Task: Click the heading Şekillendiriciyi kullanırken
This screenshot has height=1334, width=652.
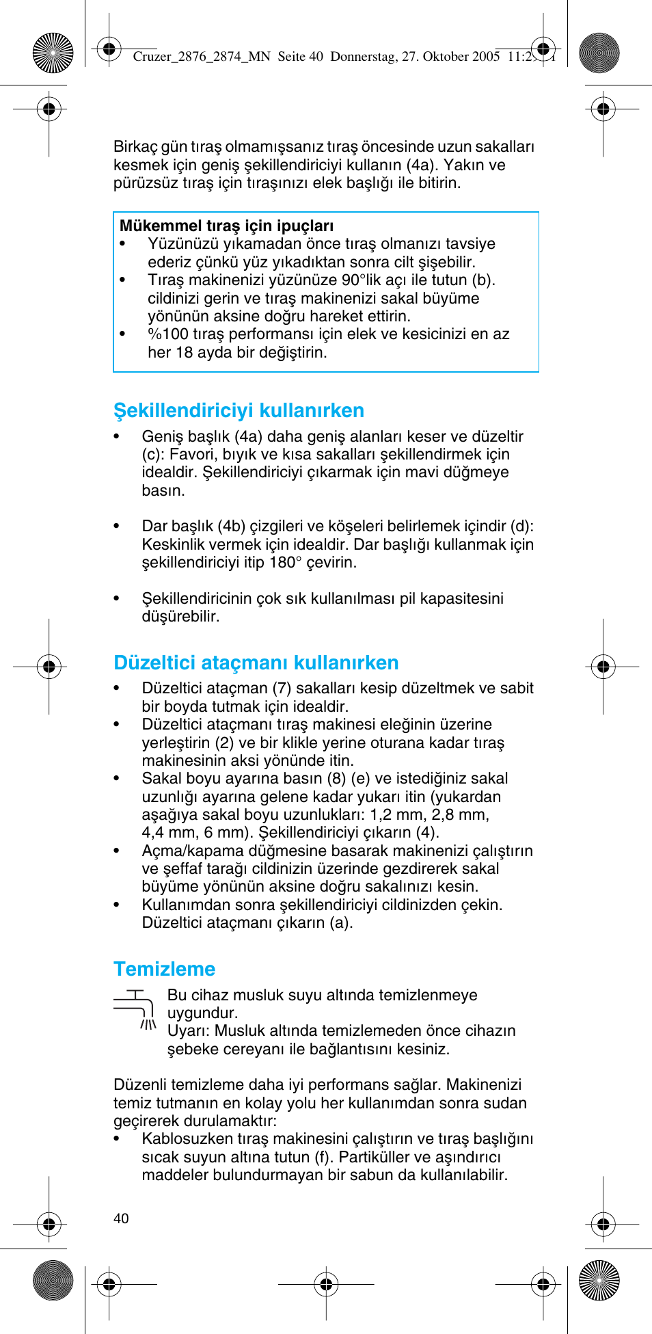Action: point(239,410)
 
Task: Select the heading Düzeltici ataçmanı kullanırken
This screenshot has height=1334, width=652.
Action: point(256,663)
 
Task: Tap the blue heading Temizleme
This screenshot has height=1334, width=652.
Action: point(164,969)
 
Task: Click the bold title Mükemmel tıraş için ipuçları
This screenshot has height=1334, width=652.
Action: point(226,226)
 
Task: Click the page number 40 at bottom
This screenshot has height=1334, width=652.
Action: point(121,1218)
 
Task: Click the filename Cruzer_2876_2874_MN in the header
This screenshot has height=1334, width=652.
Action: point(202,57)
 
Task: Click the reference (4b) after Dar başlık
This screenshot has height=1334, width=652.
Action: point(232,526)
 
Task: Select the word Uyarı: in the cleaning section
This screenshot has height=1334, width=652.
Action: point(187,1031)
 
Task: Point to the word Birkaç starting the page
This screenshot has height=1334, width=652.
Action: point(135,147)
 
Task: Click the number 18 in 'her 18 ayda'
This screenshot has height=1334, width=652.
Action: point(185,353)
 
